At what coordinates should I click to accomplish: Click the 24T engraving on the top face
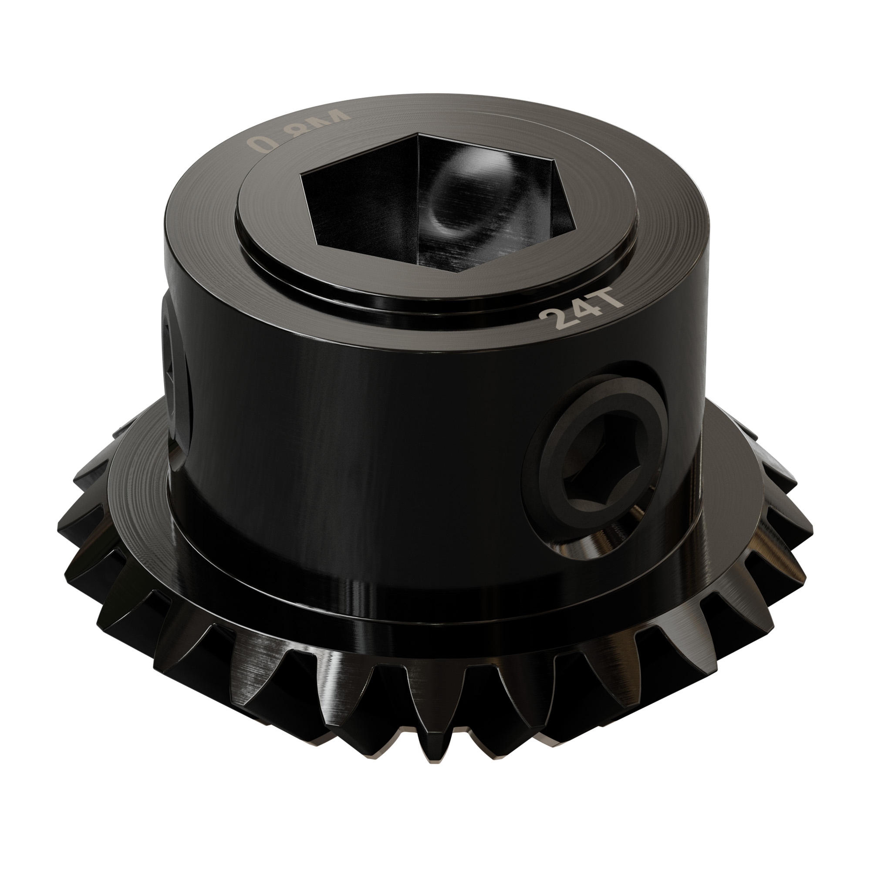pyautogui.click(x=581, y=313)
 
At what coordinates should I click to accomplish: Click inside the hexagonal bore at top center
pyautogui.click(x=433, y=203)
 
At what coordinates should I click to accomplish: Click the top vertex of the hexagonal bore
pyautogui.click(x=419, y=134)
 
